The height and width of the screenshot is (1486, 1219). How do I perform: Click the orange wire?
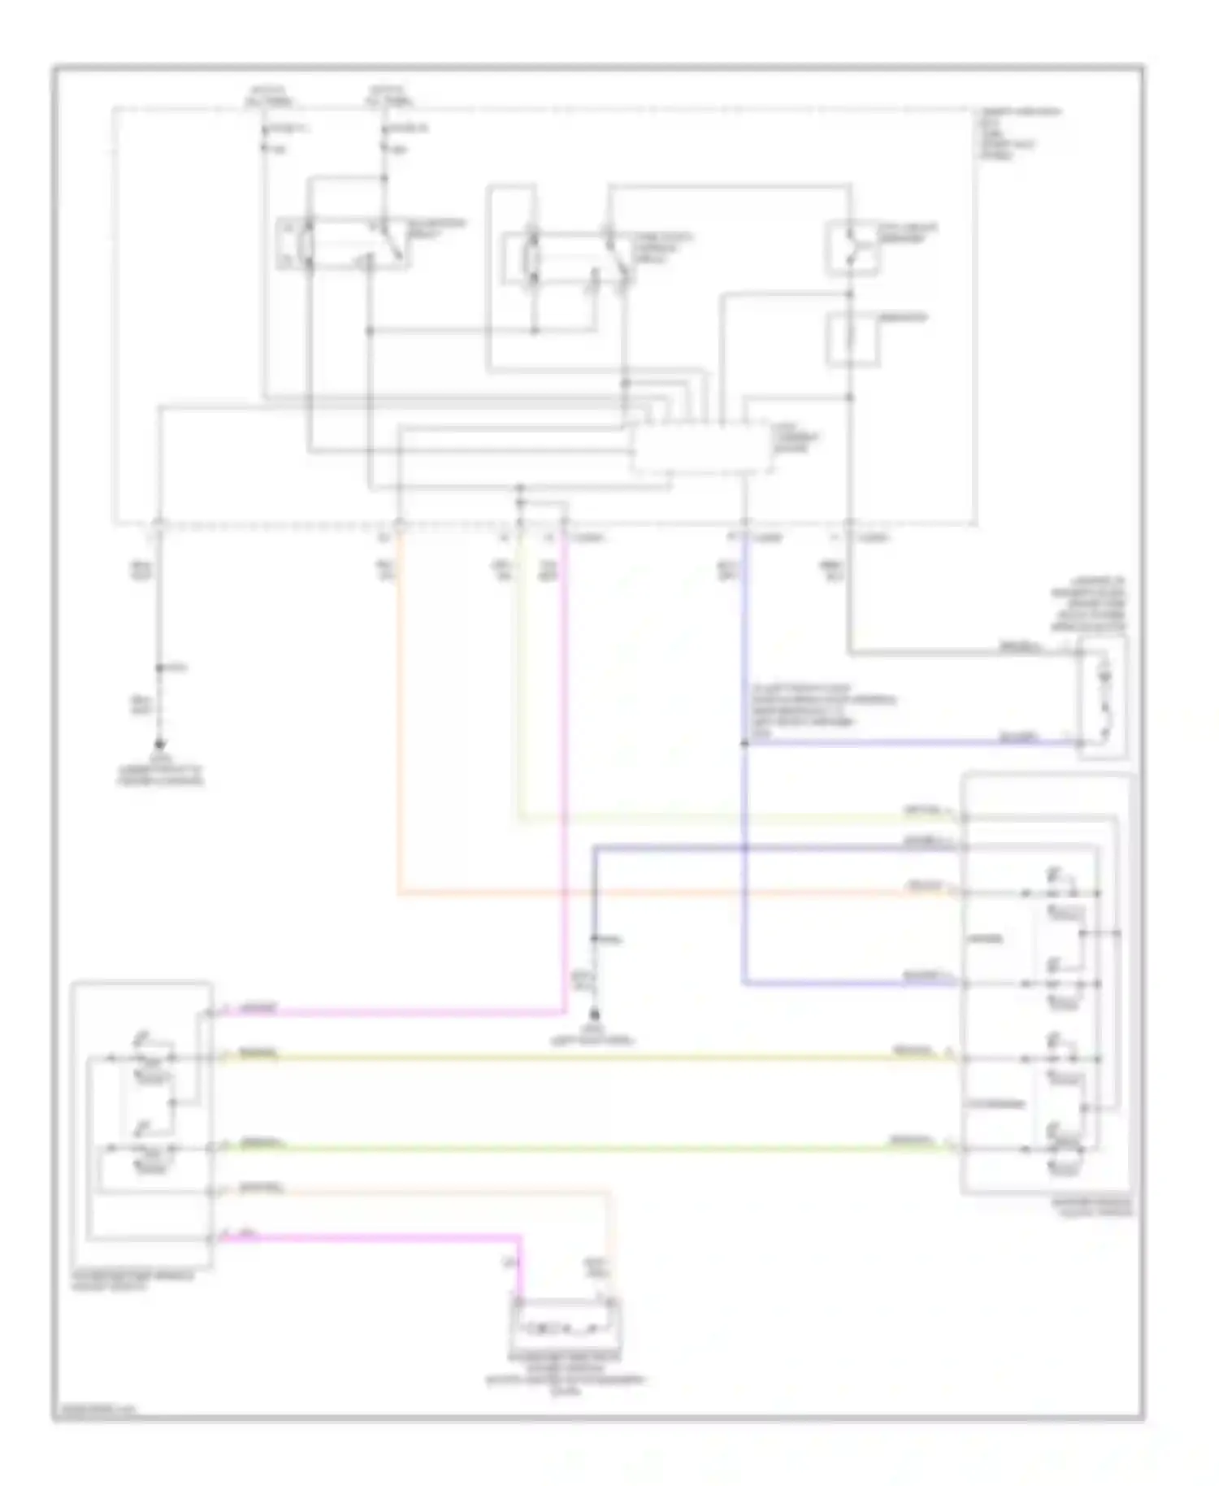coord(398,732)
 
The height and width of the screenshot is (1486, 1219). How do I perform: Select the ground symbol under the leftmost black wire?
coord(159,744)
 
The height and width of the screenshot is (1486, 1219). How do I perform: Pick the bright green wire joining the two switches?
coord(569,1149)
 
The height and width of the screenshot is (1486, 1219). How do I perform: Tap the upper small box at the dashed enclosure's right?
coord(851,247)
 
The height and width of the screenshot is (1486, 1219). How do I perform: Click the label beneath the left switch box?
coord(138,1283)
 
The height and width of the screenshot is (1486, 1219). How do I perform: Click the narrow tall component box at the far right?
coord(1102,697)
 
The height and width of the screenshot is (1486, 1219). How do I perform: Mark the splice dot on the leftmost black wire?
coord(160,668)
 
